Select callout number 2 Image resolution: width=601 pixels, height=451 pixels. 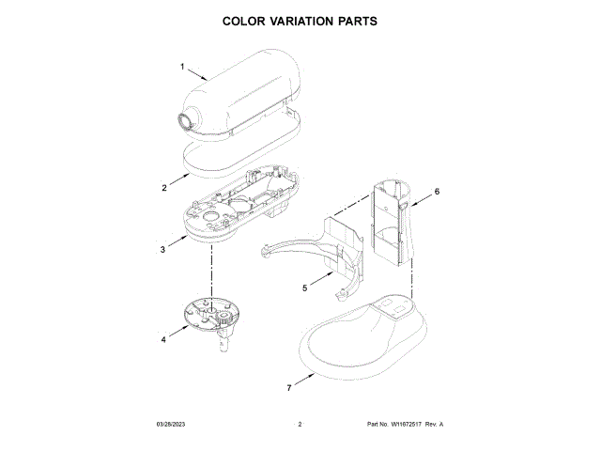tap(163, 188)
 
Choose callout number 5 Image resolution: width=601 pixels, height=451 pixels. tap(304, 288)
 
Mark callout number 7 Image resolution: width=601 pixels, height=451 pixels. tap(288, 386)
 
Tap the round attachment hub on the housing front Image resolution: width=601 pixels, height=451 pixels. tap(188, 121)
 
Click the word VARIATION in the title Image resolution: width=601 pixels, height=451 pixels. tap(300, 21)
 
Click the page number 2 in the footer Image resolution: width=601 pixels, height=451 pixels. tap(299, 425)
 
